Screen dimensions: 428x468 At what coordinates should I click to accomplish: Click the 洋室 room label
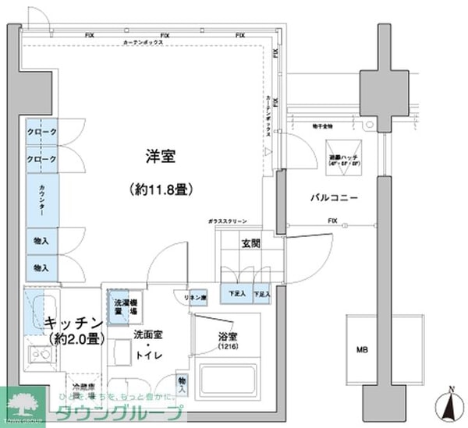160,157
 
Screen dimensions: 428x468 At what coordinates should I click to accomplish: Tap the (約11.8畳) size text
161,189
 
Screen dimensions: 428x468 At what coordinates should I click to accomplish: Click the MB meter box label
363,348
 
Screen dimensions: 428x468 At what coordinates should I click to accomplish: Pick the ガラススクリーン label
228,221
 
